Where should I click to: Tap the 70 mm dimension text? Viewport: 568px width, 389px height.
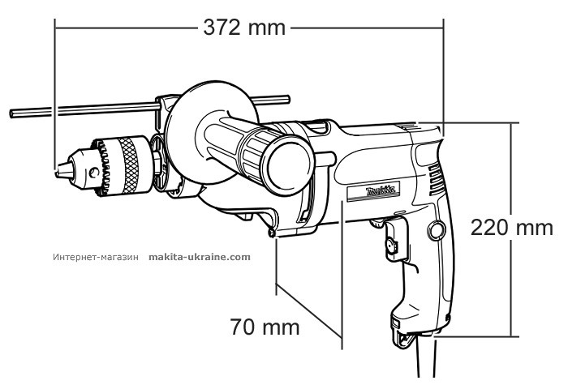pos(262,327)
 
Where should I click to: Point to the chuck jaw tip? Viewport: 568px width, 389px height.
pos(58,172)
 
